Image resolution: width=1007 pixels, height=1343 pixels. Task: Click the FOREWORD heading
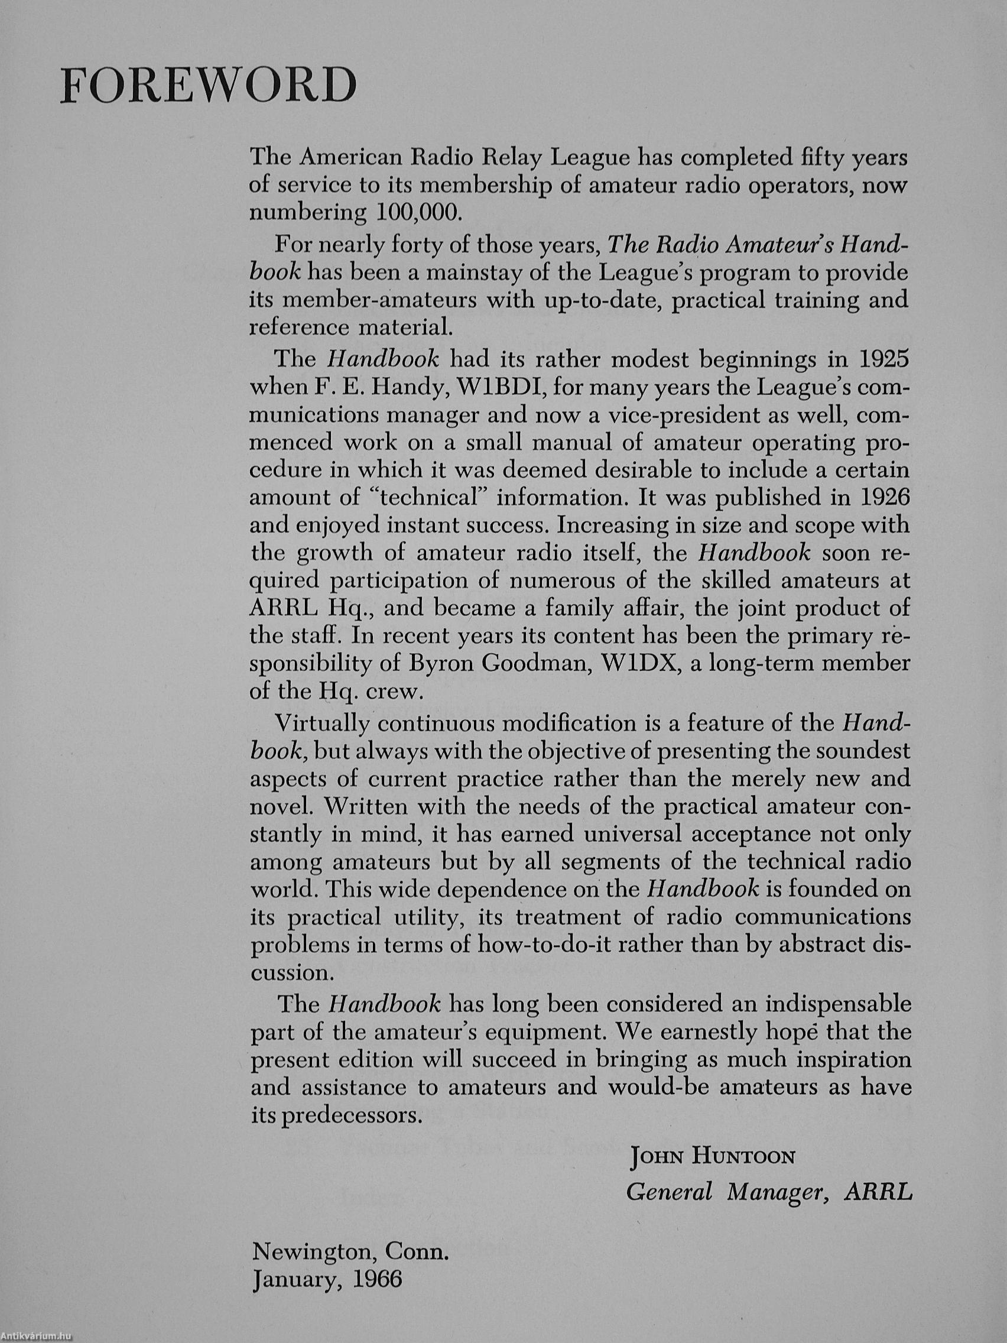coord(207,86)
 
